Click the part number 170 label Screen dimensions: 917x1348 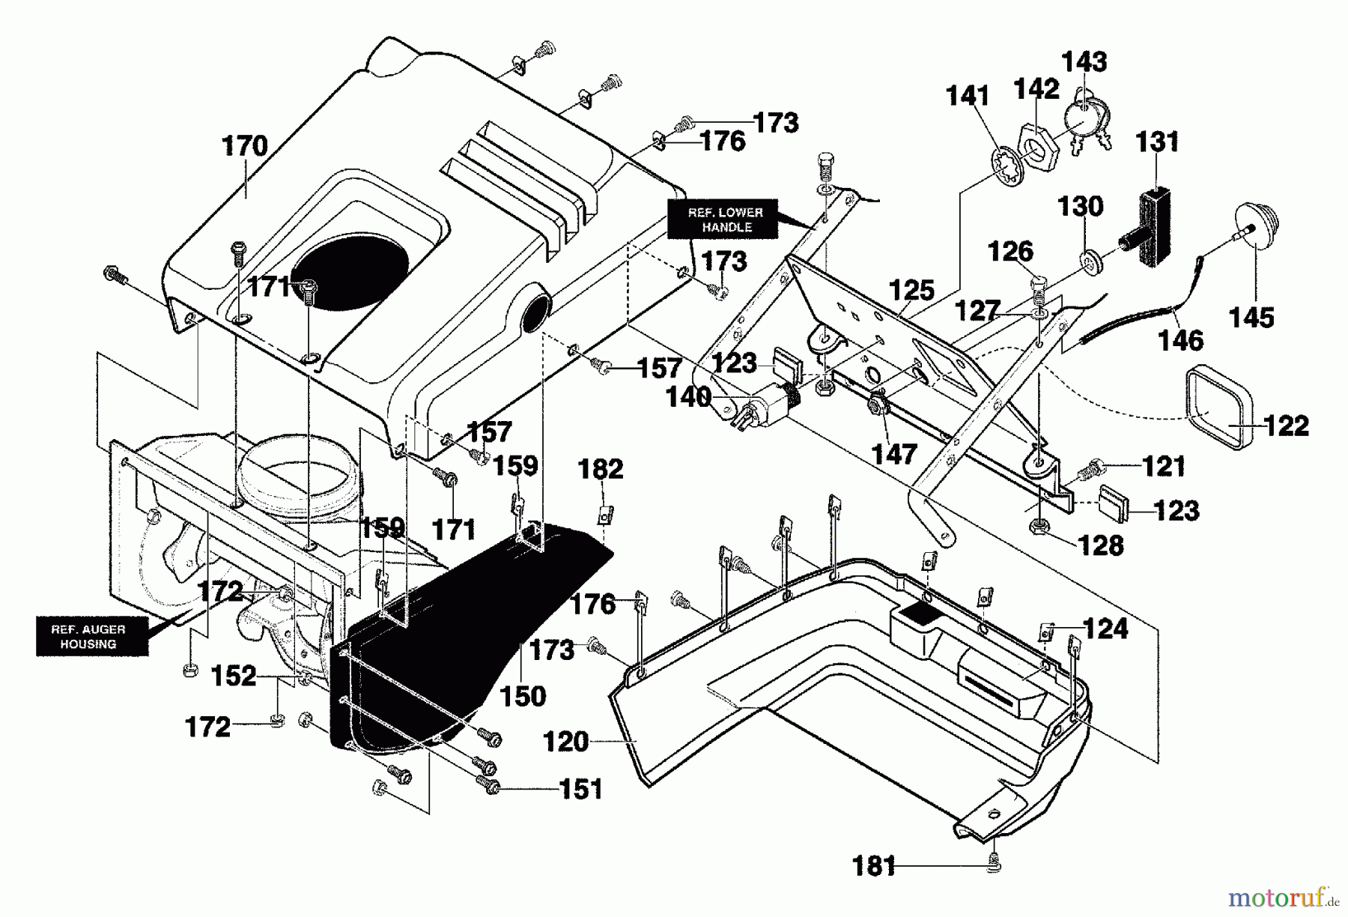[245, 145]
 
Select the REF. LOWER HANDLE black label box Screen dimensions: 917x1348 [724, 219]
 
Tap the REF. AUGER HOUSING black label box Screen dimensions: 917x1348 [88, 637]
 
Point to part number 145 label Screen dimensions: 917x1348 [1251, 318]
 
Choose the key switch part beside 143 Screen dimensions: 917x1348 [1084, 120]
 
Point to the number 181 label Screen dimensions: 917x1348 [874, 867]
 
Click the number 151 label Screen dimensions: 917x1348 [580, 789]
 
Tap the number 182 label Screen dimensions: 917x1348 [601, 470]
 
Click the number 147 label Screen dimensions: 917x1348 [895, 453]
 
